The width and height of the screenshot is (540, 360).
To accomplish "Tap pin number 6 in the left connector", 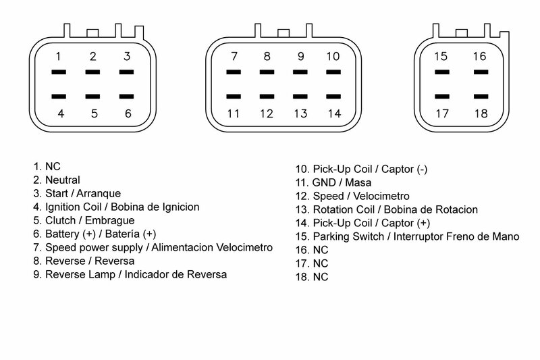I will pyautogui.click(x=127, y=113).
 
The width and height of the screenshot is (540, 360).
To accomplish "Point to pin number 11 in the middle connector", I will pyautogui.click(x=234, y=113).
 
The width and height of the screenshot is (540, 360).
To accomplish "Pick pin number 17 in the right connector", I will pyautogui.click(x=442, y=113).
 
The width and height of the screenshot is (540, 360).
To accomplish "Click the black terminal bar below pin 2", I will pyautogui.click(x=93, y=72).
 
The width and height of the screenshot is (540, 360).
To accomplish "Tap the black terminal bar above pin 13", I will pyautogui.click(x=300, y=96).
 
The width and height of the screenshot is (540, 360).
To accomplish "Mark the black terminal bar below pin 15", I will pyautogui.click(x=442, y=72).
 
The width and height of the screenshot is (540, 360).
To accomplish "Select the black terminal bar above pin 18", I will pyautogui.click(x=480, y=96).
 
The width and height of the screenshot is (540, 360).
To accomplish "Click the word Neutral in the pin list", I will pyautogui.click(x=63, y=180).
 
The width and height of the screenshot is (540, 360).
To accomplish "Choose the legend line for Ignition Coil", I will pyautogui.click(x=115, y=207).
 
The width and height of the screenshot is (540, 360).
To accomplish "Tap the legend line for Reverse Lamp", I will pyautogui.click(x=129, y=275).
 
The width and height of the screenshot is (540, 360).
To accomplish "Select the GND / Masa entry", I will pyautogui.click(x=333, y=182).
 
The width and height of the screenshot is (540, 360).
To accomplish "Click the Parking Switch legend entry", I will pyautogui.click(x=407, y=236).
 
